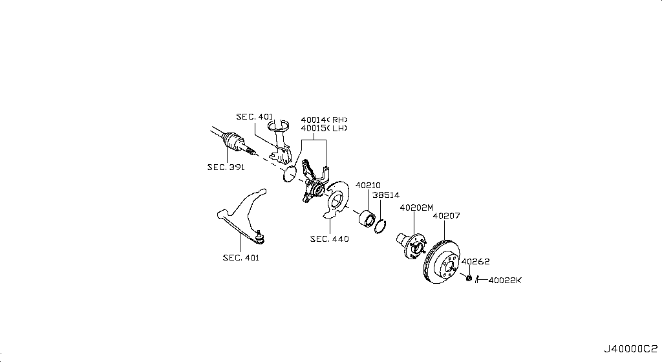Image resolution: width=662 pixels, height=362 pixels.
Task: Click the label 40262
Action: (476, 262)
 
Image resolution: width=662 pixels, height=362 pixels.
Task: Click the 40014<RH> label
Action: (324, 120)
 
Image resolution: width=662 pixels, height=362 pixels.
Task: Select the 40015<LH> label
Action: (324, 129)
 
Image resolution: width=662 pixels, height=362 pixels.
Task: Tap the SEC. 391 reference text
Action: (225, 167)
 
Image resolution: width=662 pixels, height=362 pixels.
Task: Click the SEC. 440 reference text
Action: (329, 239)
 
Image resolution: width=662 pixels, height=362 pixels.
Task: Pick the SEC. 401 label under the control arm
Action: (241, 258)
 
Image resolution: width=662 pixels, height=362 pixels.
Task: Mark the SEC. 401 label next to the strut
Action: (255, 117)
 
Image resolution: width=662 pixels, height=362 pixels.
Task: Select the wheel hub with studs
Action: (410, 243)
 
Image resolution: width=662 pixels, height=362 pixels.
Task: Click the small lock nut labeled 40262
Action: (467, 278)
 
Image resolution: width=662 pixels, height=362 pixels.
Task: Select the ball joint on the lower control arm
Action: (259, 237)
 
